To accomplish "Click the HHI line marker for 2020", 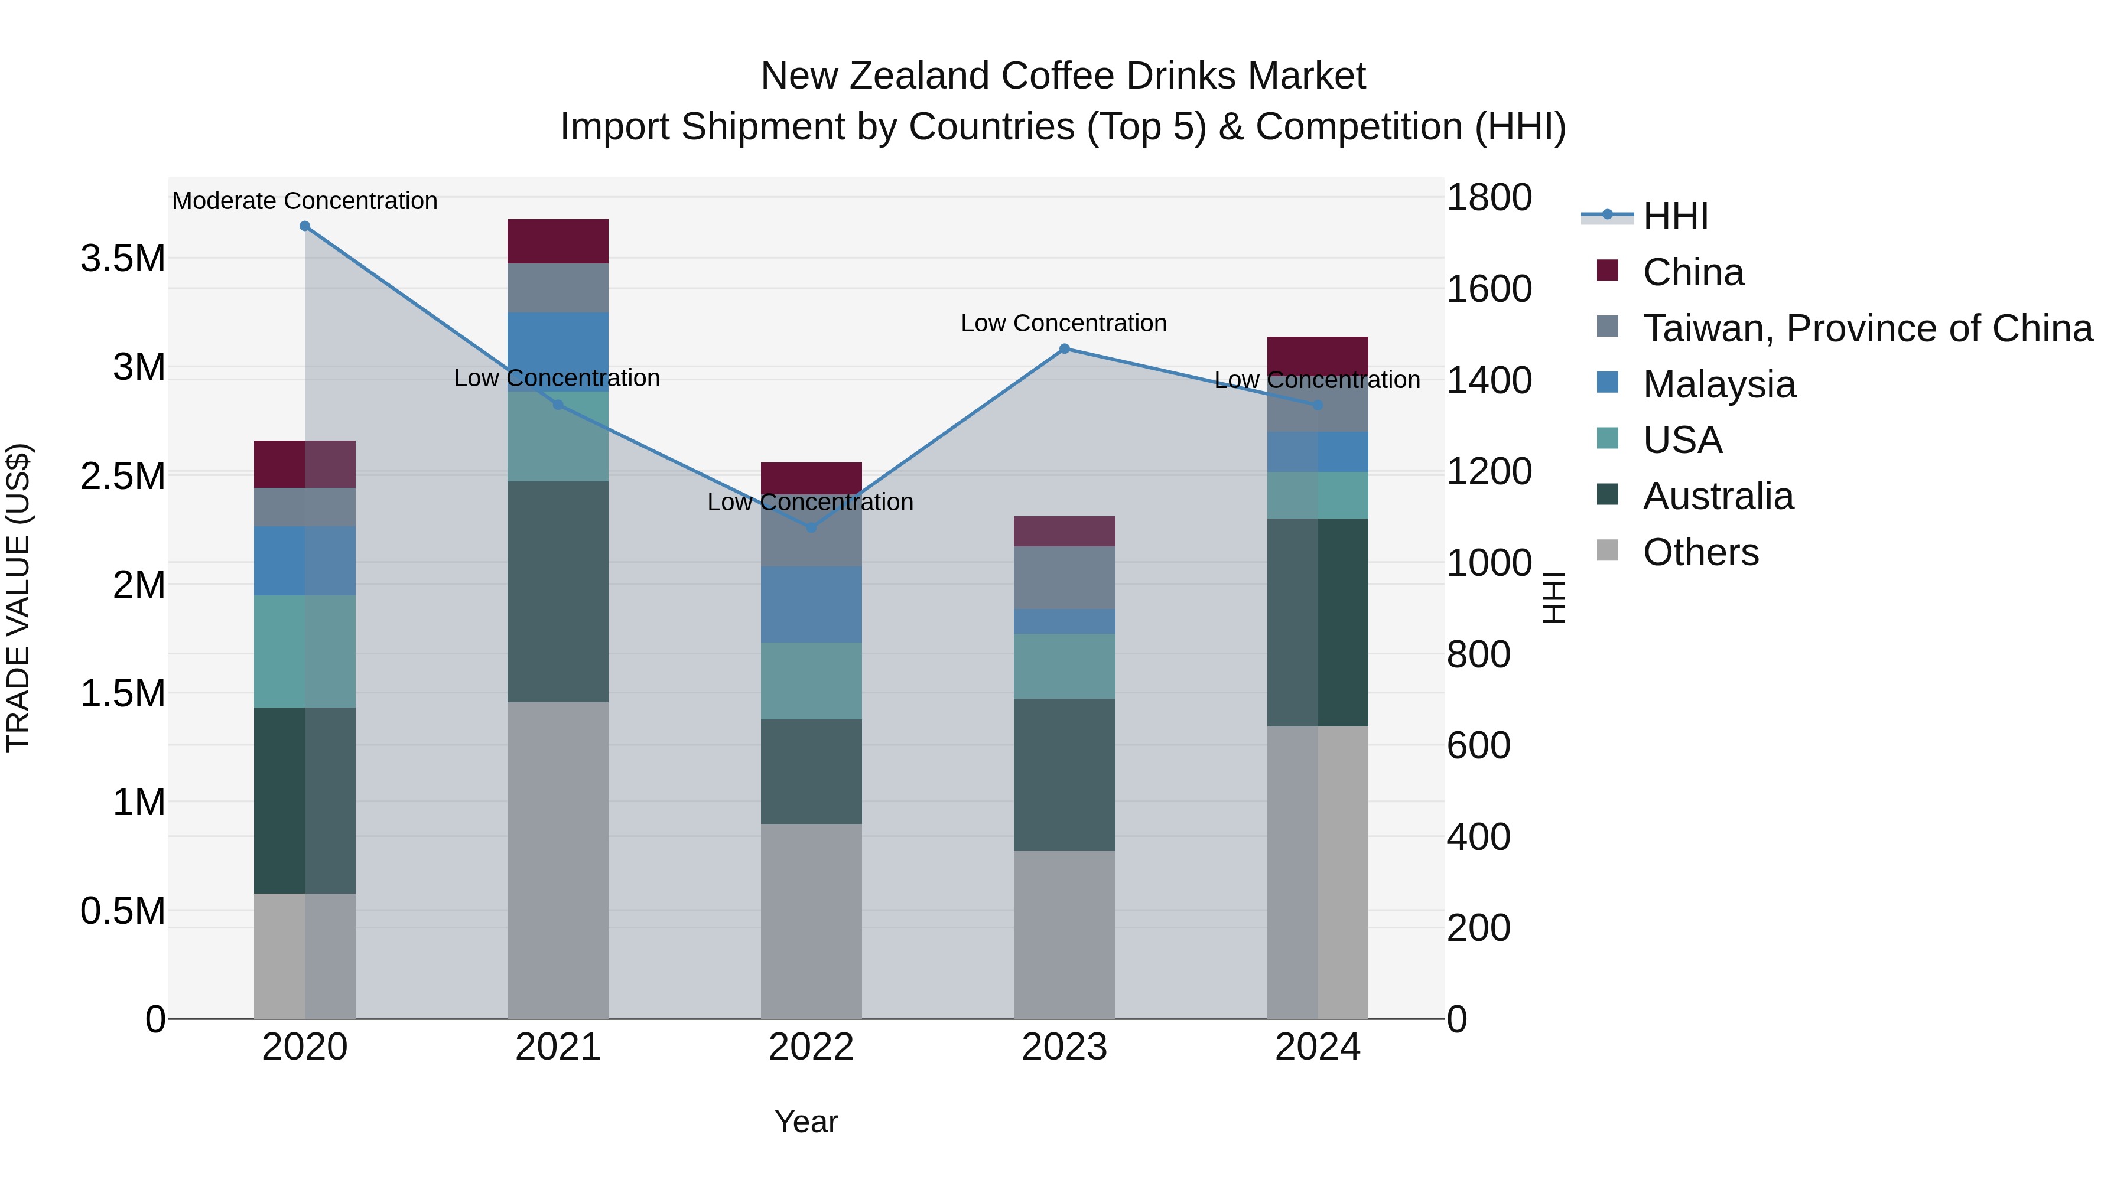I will point(305,226).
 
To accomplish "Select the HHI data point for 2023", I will point(1064,349).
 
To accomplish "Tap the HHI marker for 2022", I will point(811,527).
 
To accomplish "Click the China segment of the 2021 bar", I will point(557,241).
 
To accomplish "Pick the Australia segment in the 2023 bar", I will point(1064,774).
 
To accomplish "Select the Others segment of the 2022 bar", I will point(811,920).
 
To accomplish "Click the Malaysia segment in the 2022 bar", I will point(811,604).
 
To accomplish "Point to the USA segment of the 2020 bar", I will point(305,651).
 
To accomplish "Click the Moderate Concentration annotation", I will point(305,201).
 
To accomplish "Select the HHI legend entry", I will point(1674,216).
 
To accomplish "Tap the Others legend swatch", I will point(1608,550).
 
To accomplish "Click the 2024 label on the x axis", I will point(1317,1047).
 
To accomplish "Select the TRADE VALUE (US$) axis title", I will point(18,598).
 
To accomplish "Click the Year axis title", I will point(806,1122).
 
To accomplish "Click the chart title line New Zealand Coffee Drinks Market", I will point(1063,76).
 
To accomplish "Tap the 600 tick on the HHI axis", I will point(1478,745).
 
